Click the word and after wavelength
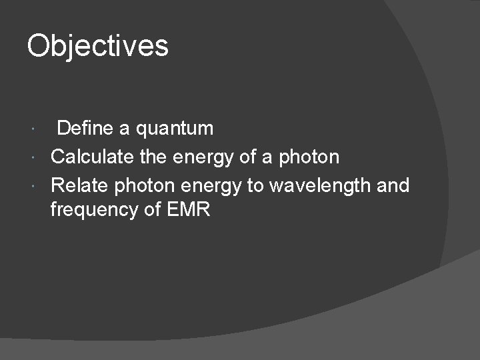point(393,185)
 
